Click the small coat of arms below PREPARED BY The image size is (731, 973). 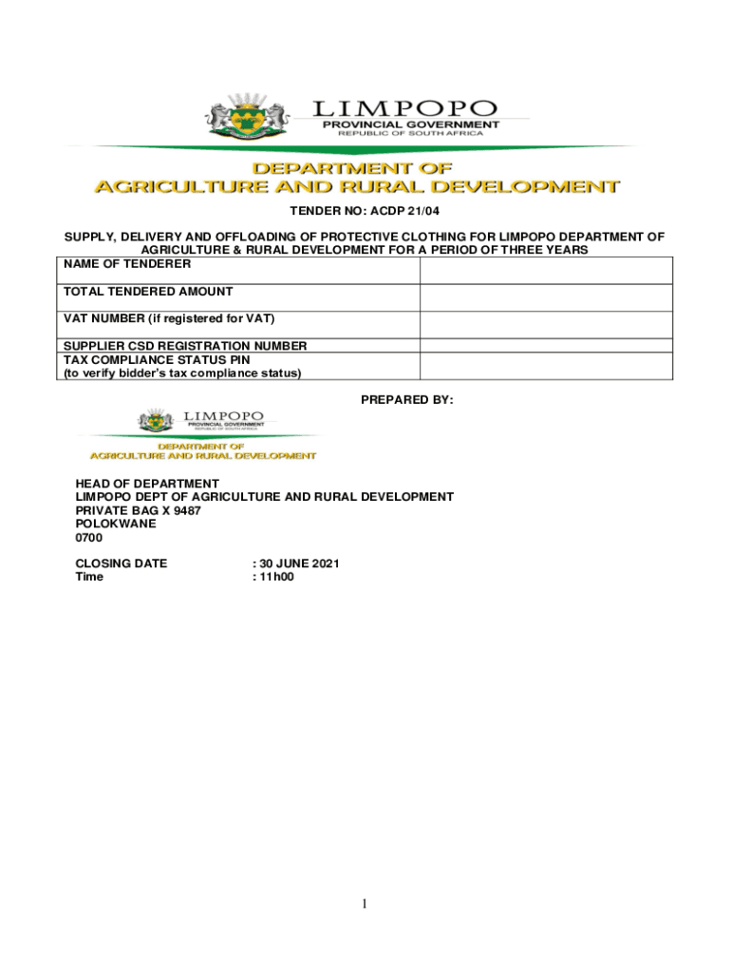click(158, 421)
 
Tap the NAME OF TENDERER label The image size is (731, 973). click(127, 264)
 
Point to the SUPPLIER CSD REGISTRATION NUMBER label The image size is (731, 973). click(185, 346)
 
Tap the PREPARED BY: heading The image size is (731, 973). click(407, 400)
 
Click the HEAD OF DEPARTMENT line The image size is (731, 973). click(147, 484)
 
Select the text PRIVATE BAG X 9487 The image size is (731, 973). click(139, 510)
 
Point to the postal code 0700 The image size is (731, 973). click(89, 538)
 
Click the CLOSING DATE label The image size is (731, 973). click(122, 563)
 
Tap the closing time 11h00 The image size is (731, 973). click(276, 577)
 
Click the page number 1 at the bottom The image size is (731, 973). click(365, 904)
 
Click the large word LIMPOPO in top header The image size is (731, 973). click(405, 108)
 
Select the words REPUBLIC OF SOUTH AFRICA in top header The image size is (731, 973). click(404, 133)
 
